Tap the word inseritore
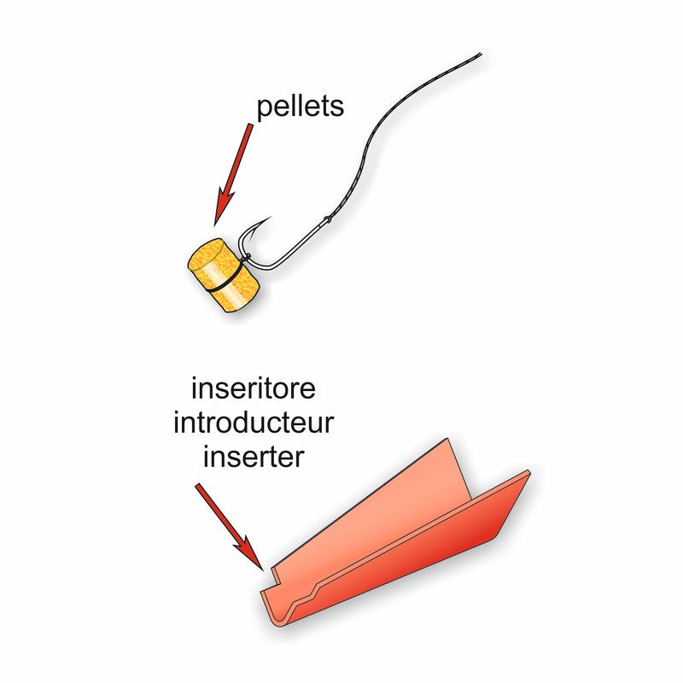253,389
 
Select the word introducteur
253,423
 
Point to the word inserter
253,457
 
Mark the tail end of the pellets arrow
250,126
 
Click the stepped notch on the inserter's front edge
314,589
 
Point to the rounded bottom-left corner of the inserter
271,617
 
